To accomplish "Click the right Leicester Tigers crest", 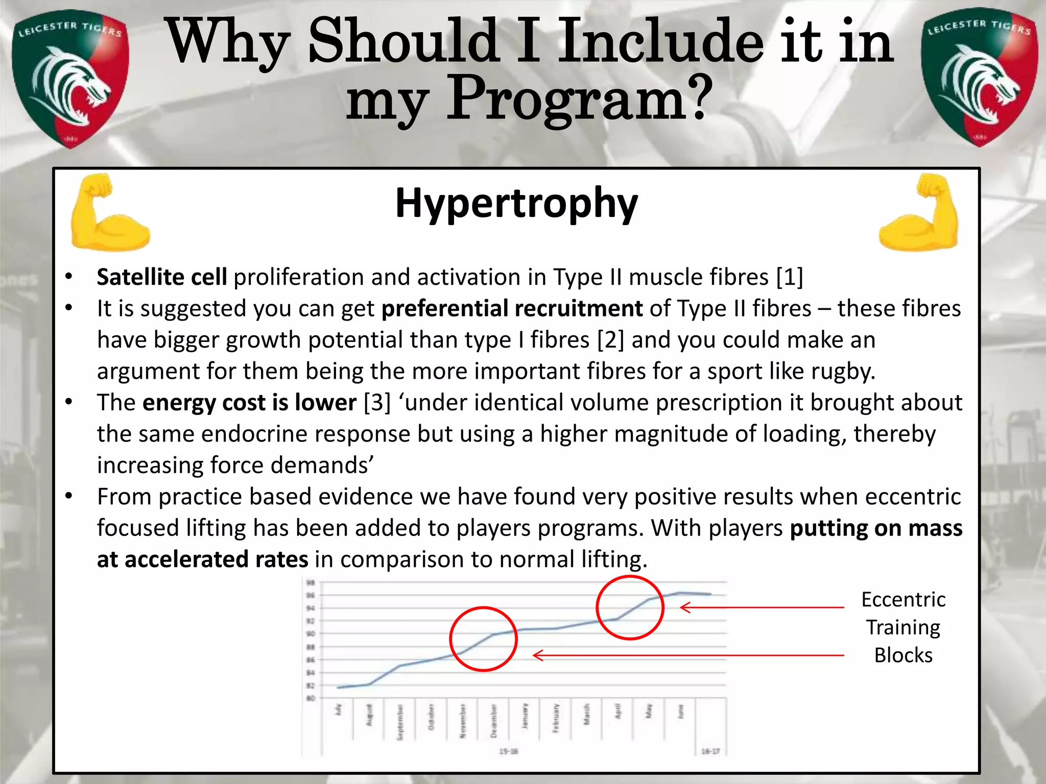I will pyautogui.click(x=979, y=78).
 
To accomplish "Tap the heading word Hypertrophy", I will pyautogui.click(x=516, y=203).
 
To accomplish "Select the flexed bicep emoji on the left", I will pyautogui.click(x=109, y=213).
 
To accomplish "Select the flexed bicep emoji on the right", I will pyautogui.click(x=919, y=213).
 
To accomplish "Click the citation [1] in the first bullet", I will pyautogui.click(x=789, y=277).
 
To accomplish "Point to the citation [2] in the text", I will pyautogui.click(x=611, y=340).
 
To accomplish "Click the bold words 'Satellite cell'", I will pyautogui.click(x=162, y=277).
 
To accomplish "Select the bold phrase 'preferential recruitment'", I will pyautogui.click(x=512, y=309).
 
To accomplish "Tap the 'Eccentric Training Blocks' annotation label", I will pyautogui.click(x=903, y=627).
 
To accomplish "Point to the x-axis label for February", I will pyautogui.click(x=556, y=718).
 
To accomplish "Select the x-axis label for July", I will pyautogui.click(x=338, y=709).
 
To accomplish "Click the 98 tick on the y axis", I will pyautogui.click(x=311, y=582).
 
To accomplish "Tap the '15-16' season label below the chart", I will pyautogui.click(x=508, y=751).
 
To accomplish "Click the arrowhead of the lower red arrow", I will pyautogui.click(x=536, y=655).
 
